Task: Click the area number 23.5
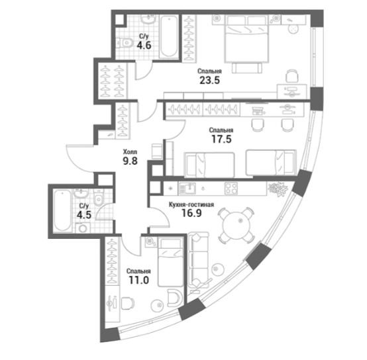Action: click(x=209, y=80)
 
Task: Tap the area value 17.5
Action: click(x=221, y=139)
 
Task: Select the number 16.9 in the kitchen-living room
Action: click(x=191, y=213)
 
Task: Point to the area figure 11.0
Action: click(x=139, y=280)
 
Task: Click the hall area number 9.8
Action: click(x=130, y=161)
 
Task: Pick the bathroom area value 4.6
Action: click(x=144, y=45)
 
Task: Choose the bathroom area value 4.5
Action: click(x=84, y=214)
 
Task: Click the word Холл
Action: click(x=130, y=152)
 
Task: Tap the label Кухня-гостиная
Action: click(x=191, y=204)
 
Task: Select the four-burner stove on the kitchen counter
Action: click(x=231, y=188)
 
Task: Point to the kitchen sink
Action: click(x=187, y=189)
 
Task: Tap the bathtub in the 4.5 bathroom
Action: click(x=62, y=210)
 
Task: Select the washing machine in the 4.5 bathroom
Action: click(x=83, y=228)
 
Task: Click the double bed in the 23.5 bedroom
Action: click(x=246, y=38)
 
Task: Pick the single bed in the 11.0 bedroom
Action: click(x=171, y=262)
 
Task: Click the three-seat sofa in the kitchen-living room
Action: click(x=198, y=259)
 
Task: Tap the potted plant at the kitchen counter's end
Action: click(x=278, y=189)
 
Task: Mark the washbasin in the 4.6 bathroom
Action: click(x=148, y=19)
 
